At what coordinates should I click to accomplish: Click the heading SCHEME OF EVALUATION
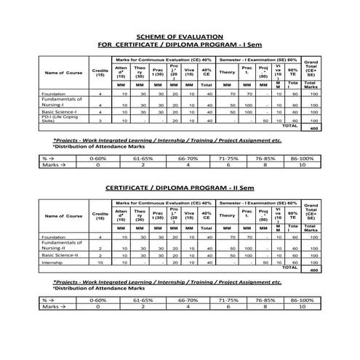pyautogui.click(x=180, y=36)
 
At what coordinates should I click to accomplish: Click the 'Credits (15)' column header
pyautogui.click(x=100, y=72)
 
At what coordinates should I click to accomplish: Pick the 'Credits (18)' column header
pyautogui.click(x=100, y=215)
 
